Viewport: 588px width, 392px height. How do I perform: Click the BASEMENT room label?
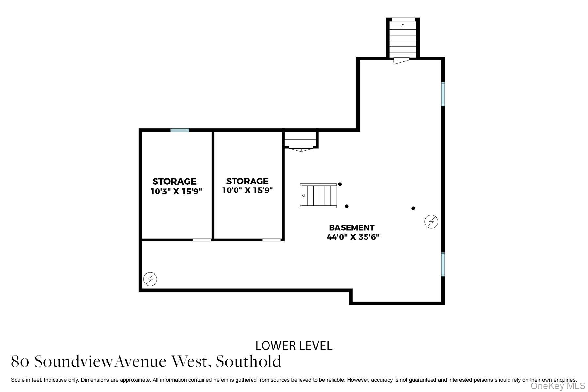(351, 228)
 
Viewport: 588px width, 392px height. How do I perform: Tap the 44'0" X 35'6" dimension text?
(353, 237)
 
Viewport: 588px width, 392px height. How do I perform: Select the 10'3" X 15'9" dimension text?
(176, 191)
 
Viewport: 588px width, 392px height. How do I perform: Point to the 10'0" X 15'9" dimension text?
(247, 190)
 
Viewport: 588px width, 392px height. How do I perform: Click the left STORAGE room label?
(174, 181)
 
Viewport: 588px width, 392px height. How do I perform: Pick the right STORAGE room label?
(247, 181)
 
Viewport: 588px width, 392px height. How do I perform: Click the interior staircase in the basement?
(318, 196)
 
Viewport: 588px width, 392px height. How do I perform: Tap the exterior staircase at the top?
(403, 39)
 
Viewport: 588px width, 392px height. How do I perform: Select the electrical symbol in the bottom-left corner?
(150, 279)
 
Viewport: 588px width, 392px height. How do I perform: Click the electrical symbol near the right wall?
(431, 221)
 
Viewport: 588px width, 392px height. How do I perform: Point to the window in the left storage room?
(180, 130)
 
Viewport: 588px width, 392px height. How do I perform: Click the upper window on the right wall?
(443, 94)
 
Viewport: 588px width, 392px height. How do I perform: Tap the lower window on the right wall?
(443, 264)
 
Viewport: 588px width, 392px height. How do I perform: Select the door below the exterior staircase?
(401, 60)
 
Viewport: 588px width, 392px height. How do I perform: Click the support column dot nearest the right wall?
(413, 208)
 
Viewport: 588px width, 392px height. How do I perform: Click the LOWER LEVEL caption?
(294, 346)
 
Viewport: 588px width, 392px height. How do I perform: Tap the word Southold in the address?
(248, 361)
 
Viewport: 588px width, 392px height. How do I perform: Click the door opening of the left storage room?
(202, 240)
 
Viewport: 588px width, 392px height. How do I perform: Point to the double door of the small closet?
(301, 149)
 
